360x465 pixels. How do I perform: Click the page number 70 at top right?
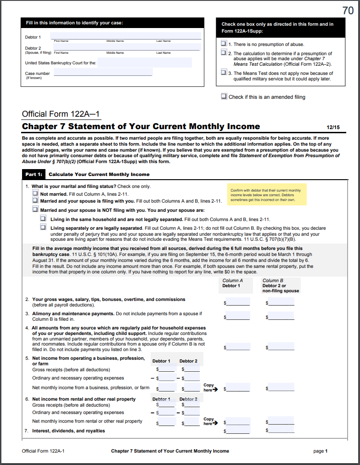(348, 11)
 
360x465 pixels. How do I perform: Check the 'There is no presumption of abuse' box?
(224, 44)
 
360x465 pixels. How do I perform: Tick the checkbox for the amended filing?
(224, 96)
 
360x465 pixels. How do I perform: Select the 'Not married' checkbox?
(35, 194)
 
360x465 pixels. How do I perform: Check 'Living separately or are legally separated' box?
(43, 227)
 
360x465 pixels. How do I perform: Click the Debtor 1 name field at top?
(125, 36)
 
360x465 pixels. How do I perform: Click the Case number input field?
(103, 72)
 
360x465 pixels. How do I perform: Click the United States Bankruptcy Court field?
(145, 62)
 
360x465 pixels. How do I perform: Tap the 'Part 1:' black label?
(34, 175)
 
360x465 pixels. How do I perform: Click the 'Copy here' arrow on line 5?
(209, 388)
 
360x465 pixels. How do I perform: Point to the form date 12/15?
(333, 127)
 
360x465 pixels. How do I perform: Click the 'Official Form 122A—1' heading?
(61, 114)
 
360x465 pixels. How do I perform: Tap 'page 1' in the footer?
(320, 451)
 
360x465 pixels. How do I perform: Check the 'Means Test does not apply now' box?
(224, 73)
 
